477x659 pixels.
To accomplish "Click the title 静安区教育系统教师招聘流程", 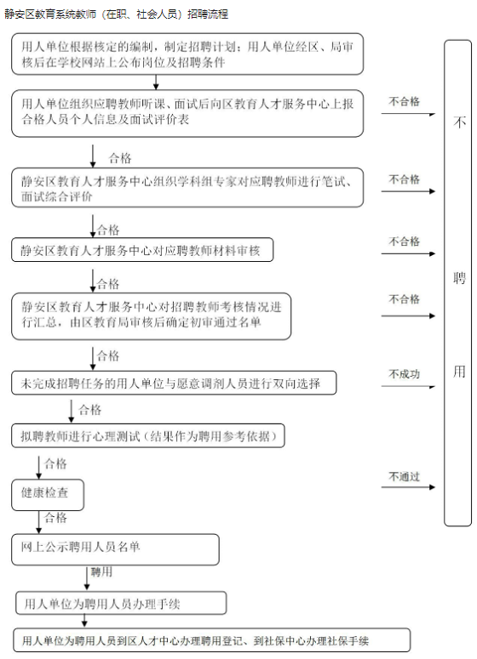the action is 117,14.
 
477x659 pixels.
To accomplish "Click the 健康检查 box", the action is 48,495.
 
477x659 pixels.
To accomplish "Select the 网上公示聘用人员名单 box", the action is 115,549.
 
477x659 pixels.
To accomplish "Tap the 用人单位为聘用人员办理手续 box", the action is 121,604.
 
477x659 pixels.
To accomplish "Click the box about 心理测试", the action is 148,436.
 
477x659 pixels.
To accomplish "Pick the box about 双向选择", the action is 174,383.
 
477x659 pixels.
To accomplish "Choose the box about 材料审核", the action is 142,250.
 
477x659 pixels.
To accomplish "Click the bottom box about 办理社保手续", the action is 212,640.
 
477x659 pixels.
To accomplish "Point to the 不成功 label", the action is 404,374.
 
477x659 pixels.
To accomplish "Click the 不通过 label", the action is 404,476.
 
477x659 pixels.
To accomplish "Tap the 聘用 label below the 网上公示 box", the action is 101,572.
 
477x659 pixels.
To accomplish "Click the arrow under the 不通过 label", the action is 408,487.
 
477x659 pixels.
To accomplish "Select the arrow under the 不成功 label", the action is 408,386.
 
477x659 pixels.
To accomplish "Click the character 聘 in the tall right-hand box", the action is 459,278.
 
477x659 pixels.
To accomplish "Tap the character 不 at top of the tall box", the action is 459,122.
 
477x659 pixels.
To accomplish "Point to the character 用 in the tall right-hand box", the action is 459,372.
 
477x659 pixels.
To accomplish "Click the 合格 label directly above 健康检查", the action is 55,464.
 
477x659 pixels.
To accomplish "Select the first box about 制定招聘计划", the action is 187,54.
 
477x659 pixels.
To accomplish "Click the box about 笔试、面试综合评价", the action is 187,188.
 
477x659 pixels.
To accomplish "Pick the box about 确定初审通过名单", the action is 151,316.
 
